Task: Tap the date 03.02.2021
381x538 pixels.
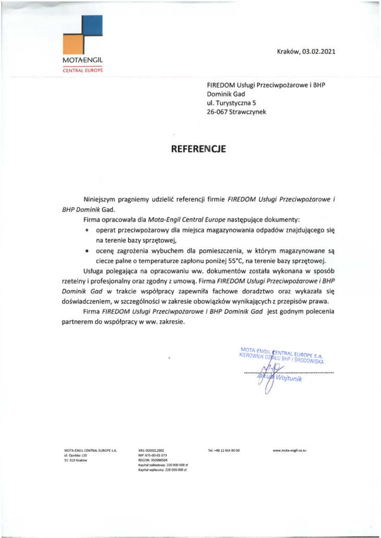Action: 319,51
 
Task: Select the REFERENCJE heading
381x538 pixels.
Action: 198,149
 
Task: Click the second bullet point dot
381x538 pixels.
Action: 87,251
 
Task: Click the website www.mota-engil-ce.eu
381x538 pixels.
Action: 289,450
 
